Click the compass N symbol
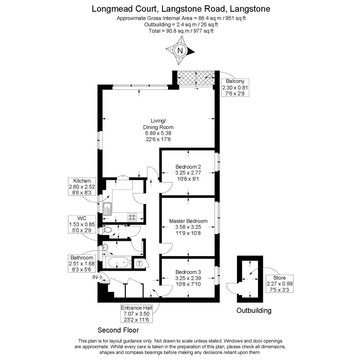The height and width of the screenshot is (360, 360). tap(180, 51)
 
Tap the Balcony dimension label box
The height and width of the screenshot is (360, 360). tap(235, 87)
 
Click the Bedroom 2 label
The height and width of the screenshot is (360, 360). tap(188, 173)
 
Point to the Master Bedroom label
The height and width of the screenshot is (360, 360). tap(188, 227)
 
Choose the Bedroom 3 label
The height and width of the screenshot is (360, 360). tap(188, 278)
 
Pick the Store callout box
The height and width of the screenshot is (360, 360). tap(279, 284)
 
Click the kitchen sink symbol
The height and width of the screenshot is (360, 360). tap(107, 209)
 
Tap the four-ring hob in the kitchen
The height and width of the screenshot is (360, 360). tap(132, 217)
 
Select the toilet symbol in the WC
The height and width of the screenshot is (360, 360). tap(107, 230)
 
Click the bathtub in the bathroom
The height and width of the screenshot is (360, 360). tap(118, 262)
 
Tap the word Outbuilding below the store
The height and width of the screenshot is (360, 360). tap(254, 311)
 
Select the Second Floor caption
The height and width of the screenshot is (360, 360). tap(118, 330)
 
